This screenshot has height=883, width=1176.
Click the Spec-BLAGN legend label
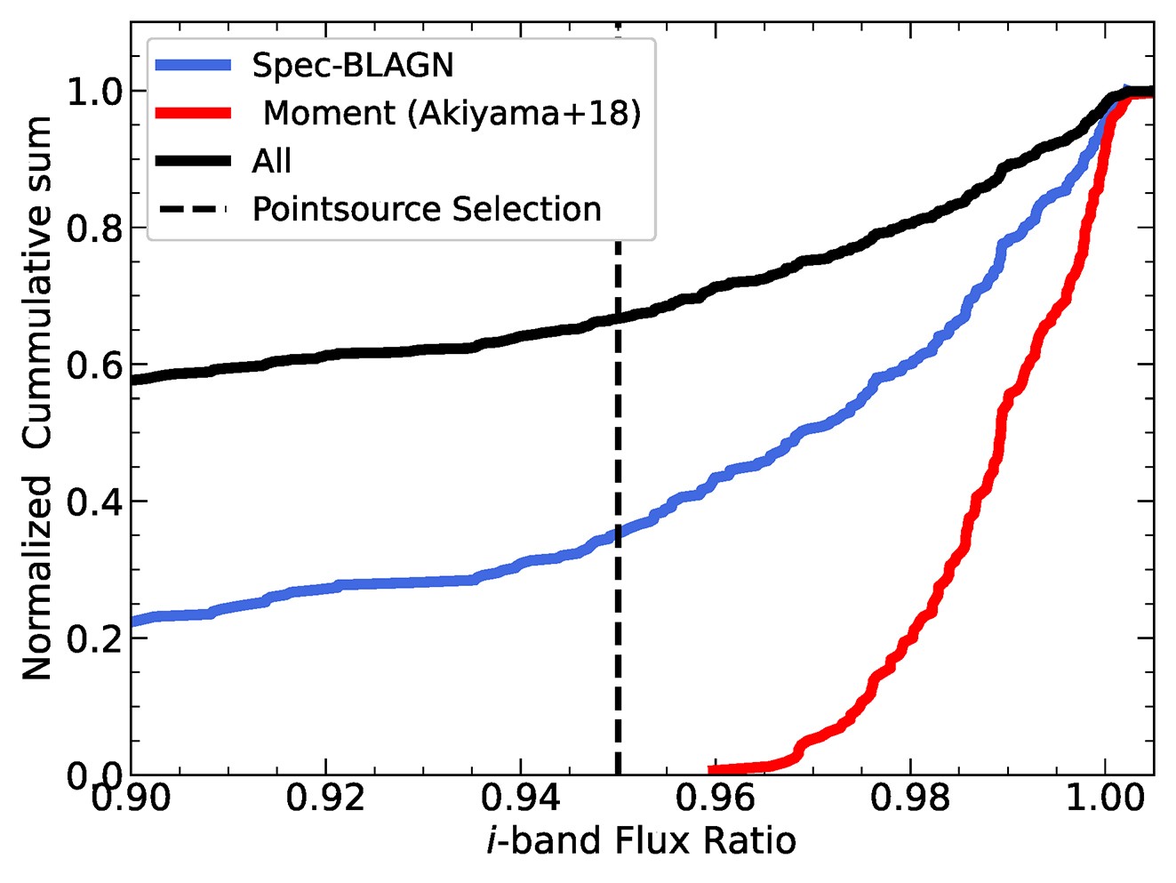[352, 65]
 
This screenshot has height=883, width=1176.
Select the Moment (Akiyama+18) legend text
[452, 113]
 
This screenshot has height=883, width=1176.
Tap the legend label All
[271, 161]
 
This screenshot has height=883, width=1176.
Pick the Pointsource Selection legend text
[427, 209]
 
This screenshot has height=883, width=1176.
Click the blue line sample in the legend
[193, 65]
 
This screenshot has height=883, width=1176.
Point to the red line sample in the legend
[193, 113]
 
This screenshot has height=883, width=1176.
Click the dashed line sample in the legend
[193, 209]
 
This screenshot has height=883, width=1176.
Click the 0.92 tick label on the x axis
[326, 798]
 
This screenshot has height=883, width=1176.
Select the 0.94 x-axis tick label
[521, 798]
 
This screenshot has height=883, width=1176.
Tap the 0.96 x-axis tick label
[716, 798]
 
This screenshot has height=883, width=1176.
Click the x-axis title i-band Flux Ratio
[641, 840]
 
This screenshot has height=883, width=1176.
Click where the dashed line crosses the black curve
[618, 317]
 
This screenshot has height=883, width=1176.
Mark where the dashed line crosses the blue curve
[618, 533]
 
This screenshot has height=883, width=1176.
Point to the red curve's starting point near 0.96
[711, 770]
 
